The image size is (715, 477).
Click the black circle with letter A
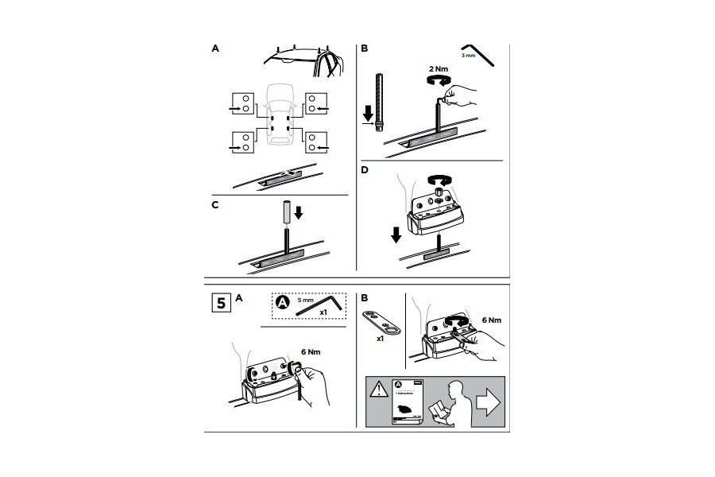[x=282, y=301]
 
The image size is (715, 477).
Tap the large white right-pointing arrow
[x=486, y=402]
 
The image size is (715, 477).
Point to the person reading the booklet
[x=450, y=401]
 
